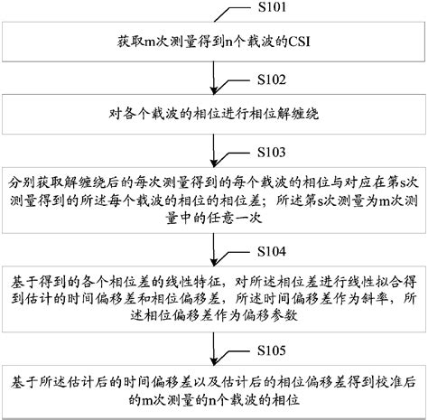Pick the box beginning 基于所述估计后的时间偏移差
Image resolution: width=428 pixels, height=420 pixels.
(214, 387)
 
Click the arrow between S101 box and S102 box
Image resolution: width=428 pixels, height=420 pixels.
(214, 79)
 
